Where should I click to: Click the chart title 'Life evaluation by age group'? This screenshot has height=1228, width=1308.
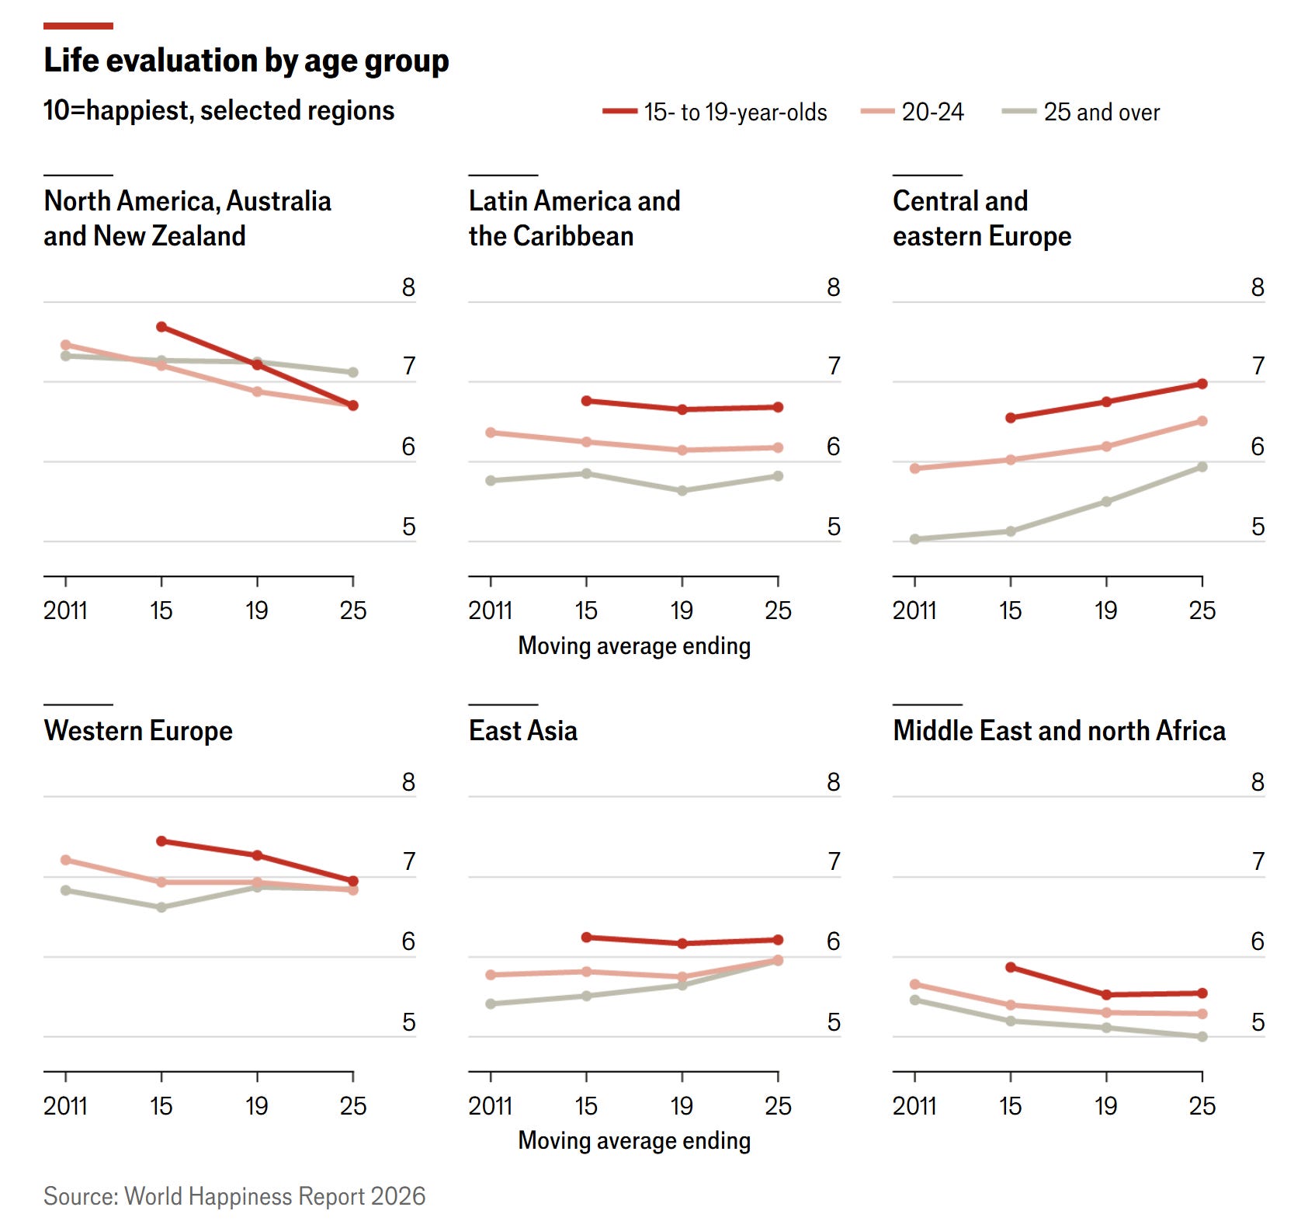pos(246,61)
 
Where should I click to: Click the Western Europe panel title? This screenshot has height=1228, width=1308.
pos(138,731)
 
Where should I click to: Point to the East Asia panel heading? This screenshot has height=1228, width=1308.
pos(523,731)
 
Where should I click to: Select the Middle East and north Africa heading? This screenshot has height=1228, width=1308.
pos(1059,731)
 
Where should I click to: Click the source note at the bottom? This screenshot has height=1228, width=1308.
pos(234,1196)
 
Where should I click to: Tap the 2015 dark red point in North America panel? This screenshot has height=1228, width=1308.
pos(161,327)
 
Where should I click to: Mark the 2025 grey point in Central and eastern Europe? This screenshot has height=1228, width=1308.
pos(1202,467)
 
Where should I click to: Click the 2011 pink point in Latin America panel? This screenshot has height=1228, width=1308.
pos(491,433)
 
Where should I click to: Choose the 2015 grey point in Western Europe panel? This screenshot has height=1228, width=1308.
pos(161,907)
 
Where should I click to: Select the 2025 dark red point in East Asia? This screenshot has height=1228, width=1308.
pos(778,940)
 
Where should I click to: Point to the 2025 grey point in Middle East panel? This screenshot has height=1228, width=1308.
pos(1202,1036)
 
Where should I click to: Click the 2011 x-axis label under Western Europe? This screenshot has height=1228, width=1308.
pos(65,1105)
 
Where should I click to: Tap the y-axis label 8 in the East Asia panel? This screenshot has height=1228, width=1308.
pos(833,782)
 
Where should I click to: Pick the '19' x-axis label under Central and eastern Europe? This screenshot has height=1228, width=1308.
pos(1105,611)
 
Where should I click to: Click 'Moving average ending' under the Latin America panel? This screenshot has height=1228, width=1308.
pos(634,646)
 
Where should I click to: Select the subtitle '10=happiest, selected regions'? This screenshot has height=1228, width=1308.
pos(219,111)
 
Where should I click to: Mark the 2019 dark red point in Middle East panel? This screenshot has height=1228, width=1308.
pos(1106,995)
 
